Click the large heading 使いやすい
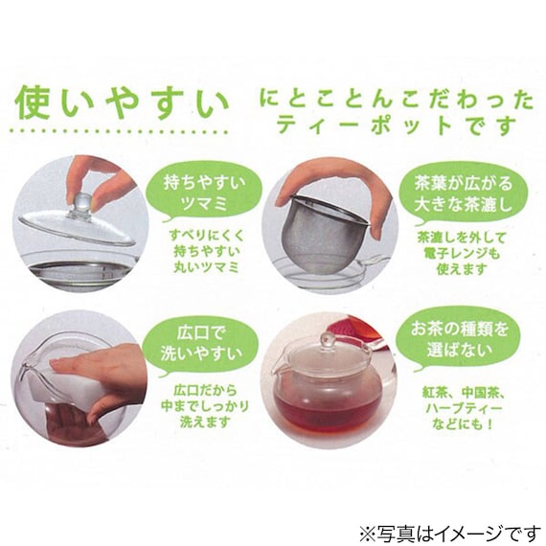(x=122, y=102)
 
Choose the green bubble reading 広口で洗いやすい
(x=201, y=346)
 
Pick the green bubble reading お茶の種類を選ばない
(x=459, y=339)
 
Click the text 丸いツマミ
(x=205, y=267)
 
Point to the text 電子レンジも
(x=462, y=253)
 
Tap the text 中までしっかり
(x=205, y=406)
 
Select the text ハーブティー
(x=464, y=408)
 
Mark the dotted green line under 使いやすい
(x=120, y=132)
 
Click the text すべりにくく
(x=207, y=235)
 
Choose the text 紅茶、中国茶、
(x=464, y=393)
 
